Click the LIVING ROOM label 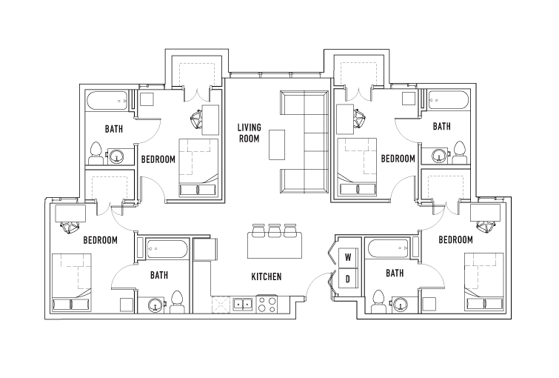[250, 133]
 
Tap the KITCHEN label [267, 276]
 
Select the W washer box [347, 257]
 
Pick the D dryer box [347, 279]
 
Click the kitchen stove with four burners [267, 305]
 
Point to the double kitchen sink [243, 304]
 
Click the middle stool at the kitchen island [274, 231]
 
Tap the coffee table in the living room [277, 145]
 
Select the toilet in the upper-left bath [96, 153]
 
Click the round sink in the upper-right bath [439, 156]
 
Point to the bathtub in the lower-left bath [167, 249]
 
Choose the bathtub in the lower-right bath [388, 248]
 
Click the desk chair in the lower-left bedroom [70, 227]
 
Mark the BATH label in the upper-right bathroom [442, 126]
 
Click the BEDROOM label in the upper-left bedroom [158, 159]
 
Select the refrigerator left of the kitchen [205, 249]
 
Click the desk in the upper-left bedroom [210, 120]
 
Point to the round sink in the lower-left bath [155, 305]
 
